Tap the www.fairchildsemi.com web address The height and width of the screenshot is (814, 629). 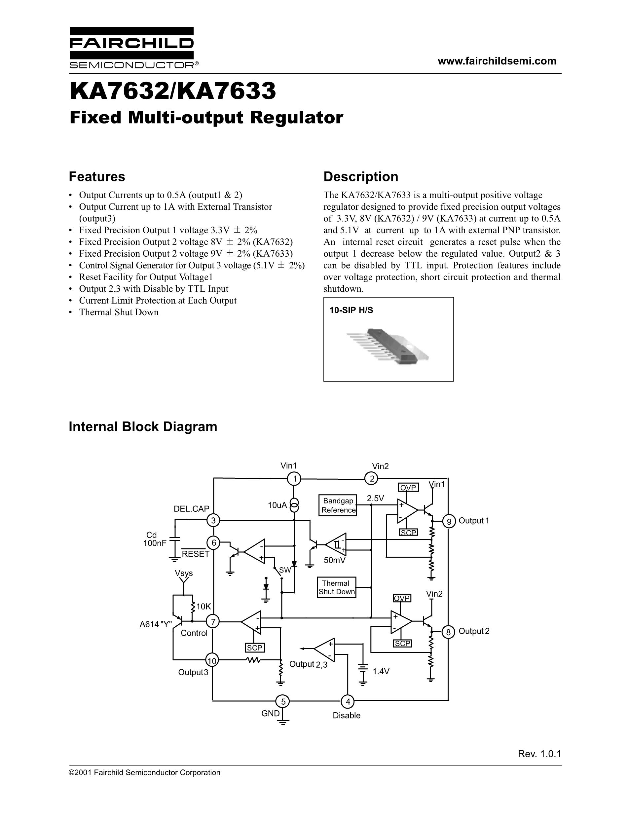pyautogui.click(x=497, y=61)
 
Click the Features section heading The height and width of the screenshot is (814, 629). pyautogui.click(x=97, y=176)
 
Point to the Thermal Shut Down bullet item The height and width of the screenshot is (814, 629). pyautogui.click(x=119, y=312)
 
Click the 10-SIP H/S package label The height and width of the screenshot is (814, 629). pyautogui.click(x=351, y=310)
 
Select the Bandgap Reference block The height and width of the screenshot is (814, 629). pyautogui.click(x=338, y=505)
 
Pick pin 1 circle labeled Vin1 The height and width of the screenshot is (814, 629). pyautogui.click(x=294, y=479)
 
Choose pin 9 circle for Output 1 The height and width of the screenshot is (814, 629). pyautogui.click(x=449, y=521)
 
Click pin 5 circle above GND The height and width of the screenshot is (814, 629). pyautogui.click(x=283, y=702)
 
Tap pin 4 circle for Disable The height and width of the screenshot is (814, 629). pyautogui.click(x=348, y=702)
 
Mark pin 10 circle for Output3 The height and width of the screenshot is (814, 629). pyautogui.click(x=212, y=661)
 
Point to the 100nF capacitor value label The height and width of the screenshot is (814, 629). pyautogui.click(x=155, y=543)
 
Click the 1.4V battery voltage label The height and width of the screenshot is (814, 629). pyautogui.click(x=381, y=671)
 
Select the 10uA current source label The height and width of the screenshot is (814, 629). pyautogui.click(x=277, y=505)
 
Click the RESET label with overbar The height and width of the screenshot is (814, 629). pyautogui.click(x=196, y=554)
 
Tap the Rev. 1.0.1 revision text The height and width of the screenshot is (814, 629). pyautogui.click(x=539, y=754)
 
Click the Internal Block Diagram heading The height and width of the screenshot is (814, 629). pyautogui.click(x=143, y=426)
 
